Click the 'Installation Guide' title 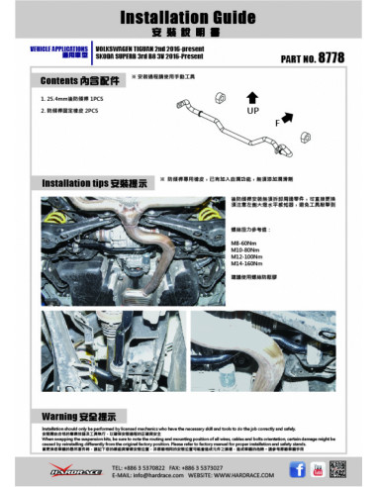coord(188,17)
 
